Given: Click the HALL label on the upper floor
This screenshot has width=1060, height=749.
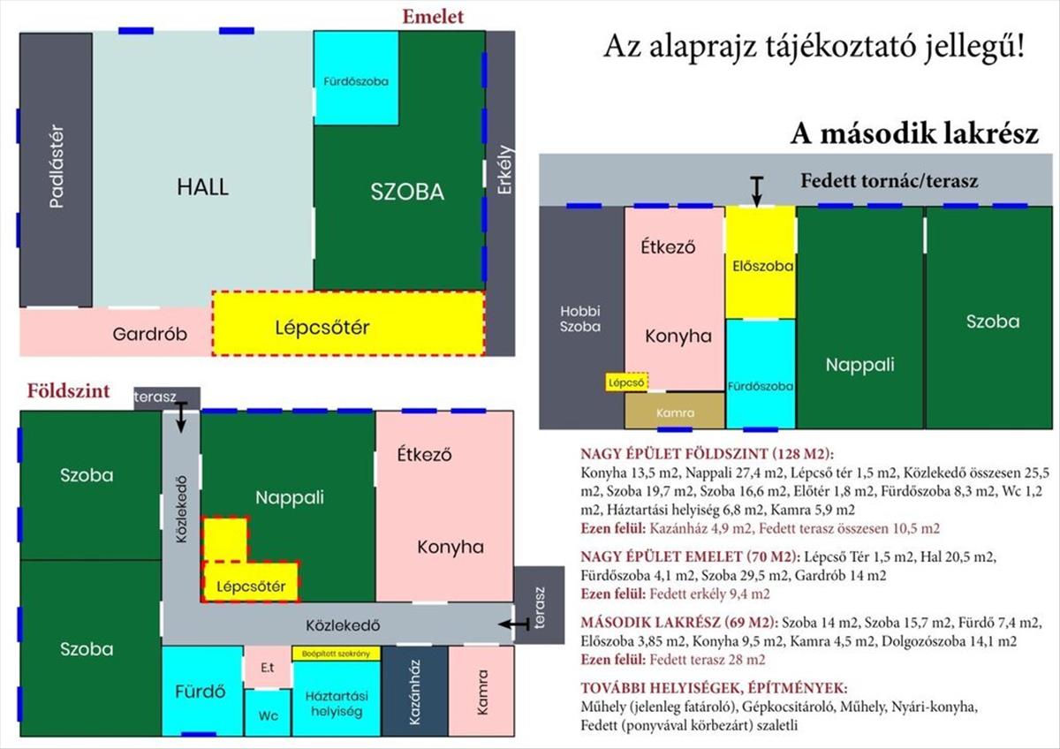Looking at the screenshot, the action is click(202, 187).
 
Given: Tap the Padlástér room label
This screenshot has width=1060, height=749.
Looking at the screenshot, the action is click(57, 166).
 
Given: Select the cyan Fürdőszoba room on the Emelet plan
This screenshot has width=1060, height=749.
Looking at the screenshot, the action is click(356, 78).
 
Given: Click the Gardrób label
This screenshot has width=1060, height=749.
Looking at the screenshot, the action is click(149, 334).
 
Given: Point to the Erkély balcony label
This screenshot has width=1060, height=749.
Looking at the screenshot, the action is click(505, 170).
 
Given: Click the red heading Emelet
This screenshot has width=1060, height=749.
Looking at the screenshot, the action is click(433, 17).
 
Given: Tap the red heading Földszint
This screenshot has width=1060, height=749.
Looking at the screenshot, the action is click(68, 390).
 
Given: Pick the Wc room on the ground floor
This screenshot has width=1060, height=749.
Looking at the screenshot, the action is click(268, 713).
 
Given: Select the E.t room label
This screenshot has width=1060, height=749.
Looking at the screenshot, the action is click(268, 668).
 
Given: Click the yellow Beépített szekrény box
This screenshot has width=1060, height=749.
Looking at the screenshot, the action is click(337, 654).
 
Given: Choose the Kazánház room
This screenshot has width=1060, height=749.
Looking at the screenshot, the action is click(414, 692).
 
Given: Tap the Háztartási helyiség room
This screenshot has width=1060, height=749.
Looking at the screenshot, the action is click(337, 699).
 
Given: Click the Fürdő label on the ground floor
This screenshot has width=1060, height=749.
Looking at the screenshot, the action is click(201, 692).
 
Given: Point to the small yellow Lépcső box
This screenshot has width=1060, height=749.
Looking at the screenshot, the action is click(626, 382).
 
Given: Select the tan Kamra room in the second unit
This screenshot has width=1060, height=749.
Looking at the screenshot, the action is click(675, 411).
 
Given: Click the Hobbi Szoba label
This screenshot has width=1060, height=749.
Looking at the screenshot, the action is click(580, 319).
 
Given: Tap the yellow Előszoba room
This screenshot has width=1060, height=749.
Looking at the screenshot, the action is click(761, 262).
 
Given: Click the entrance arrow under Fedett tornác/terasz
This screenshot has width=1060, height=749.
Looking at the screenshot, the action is click(757, 192).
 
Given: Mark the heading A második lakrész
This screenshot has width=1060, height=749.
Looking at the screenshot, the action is click(914, 134).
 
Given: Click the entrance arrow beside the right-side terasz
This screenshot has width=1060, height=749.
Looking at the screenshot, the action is click(514, 624).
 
